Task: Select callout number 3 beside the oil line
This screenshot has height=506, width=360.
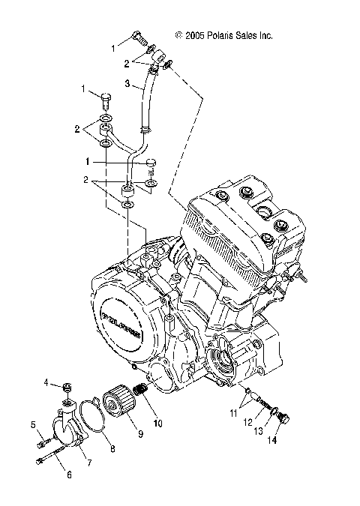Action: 127,83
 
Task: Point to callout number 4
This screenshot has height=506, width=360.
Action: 46,383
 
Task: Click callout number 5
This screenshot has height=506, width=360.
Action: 34,425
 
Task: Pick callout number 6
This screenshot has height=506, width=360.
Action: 70,475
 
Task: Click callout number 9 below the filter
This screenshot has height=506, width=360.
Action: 138,433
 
